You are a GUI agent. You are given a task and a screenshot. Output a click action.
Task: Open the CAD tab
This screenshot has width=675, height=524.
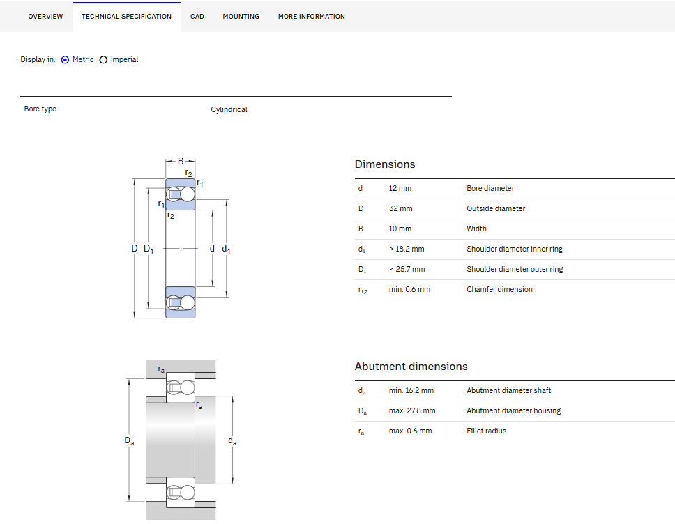[197, 16]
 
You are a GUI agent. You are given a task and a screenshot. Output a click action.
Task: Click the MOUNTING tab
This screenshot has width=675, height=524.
[241, 16]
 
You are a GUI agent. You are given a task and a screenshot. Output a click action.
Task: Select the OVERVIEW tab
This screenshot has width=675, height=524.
[45, 16]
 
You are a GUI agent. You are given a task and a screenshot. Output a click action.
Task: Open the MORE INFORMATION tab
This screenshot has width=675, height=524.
[311, 16]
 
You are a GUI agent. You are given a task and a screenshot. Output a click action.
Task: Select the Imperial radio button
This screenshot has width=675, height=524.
[103, 60]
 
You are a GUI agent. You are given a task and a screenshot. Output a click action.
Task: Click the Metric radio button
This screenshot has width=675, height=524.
[65, 60]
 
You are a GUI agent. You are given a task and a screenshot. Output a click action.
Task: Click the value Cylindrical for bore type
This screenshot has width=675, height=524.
[229, 109]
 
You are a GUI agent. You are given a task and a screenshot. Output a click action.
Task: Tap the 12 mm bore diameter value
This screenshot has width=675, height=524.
[400, 188]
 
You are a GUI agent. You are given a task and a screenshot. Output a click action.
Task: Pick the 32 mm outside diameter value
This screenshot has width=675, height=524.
[400, 208]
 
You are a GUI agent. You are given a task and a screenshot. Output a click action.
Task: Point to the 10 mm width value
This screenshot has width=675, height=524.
[400, 229]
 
